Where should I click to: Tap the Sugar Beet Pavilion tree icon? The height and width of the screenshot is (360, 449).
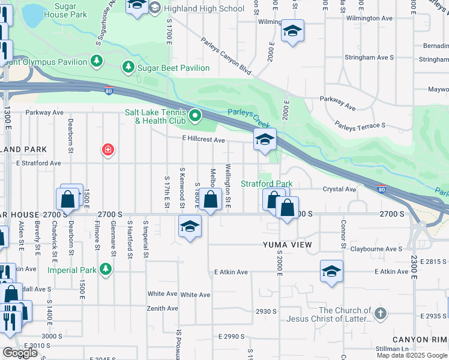[128, 67]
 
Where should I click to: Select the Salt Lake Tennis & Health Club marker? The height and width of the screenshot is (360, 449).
[194, 116]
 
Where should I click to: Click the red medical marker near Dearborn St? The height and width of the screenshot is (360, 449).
[108, 149]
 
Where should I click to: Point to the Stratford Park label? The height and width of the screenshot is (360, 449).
[267, 184]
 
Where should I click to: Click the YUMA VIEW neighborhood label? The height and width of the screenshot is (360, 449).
[288, 245]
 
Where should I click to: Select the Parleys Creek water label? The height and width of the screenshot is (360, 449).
[247, 112]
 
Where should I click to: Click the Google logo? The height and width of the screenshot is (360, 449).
[19, 353]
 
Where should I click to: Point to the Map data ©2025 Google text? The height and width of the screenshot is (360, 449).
[412, 355]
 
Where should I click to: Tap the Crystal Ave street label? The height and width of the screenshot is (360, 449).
[340, 189]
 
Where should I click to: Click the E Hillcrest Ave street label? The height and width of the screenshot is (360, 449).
[204, 140]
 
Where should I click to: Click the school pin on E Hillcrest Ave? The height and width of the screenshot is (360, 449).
[265, 140]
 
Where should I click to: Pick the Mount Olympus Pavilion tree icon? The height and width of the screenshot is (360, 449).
[96, 60]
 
